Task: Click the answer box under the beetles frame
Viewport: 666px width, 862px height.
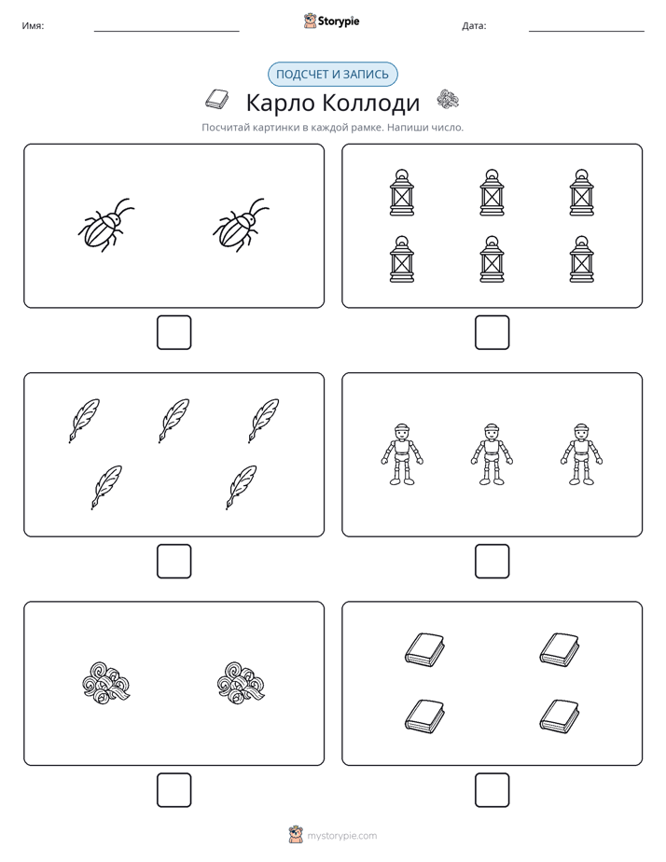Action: [173, 332]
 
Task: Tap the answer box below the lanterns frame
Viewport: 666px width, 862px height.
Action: [492, 332]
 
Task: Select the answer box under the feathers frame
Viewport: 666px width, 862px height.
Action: [173, 561]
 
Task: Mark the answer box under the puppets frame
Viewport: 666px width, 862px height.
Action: [492, 561]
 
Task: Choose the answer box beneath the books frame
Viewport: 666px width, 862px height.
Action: [492, 789]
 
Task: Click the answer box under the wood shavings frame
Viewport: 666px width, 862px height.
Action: [173, 789]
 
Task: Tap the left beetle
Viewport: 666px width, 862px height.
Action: [106, 225]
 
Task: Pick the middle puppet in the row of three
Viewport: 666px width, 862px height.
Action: [492, 454]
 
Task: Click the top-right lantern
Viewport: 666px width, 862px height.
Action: [581, 192]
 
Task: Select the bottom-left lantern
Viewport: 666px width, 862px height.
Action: [402, 259]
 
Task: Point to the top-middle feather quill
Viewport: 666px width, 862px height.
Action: [173, 421]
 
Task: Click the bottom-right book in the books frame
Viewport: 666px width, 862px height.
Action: [560, 716]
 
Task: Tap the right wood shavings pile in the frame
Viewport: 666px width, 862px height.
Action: [242, 683]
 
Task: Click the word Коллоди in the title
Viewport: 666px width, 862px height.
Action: [370, 103]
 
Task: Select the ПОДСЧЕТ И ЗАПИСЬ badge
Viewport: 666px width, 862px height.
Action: [332, 75]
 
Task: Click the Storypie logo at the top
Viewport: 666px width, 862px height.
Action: [331, 21]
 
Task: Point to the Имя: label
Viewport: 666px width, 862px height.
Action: [33, 25]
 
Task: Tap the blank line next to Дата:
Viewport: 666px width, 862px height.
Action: [587, 31]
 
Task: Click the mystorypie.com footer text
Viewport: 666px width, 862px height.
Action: [341, 836]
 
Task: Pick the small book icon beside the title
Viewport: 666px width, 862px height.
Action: [217, 99]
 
